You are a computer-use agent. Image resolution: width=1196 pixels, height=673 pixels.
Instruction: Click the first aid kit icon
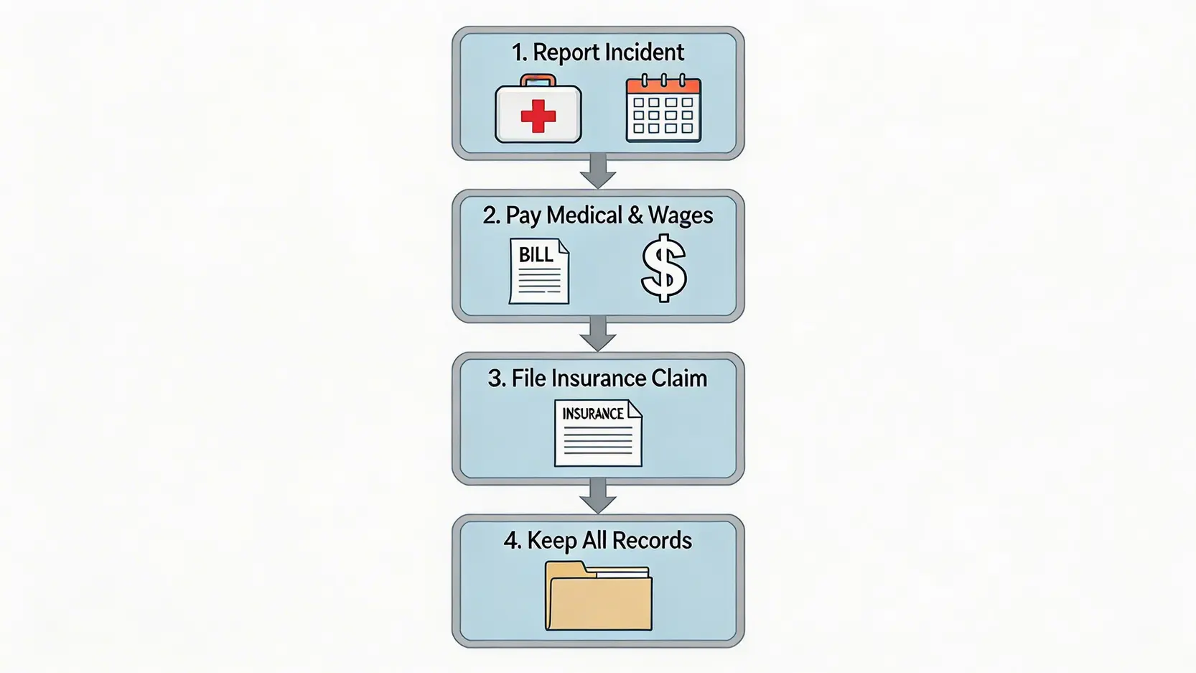point(538,111)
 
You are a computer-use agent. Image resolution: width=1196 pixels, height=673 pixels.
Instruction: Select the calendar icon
point(663,109)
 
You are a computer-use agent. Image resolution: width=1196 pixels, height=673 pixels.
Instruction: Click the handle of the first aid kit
point(538,79)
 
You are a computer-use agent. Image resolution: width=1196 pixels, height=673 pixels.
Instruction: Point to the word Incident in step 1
point(644,52)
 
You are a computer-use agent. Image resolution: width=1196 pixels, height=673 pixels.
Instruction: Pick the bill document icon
point(539,271)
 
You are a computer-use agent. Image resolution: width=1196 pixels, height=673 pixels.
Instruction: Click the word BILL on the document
point(536,255)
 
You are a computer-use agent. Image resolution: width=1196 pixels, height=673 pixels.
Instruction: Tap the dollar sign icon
point(663,269)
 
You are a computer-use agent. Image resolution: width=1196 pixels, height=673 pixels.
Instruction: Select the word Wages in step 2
point(681,215)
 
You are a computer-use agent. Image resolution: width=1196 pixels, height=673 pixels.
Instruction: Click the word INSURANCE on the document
point(592,414)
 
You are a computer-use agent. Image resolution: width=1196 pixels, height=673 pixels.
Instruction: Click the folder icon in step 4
point(598,597)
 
